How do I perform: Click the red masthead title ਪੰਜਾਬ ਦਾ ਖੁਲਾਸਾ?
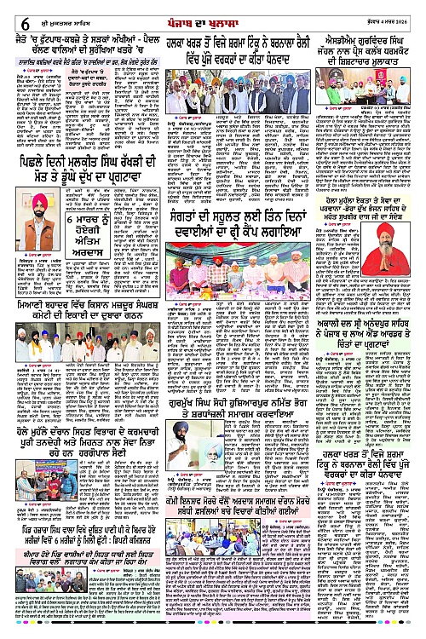(213, 10)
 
